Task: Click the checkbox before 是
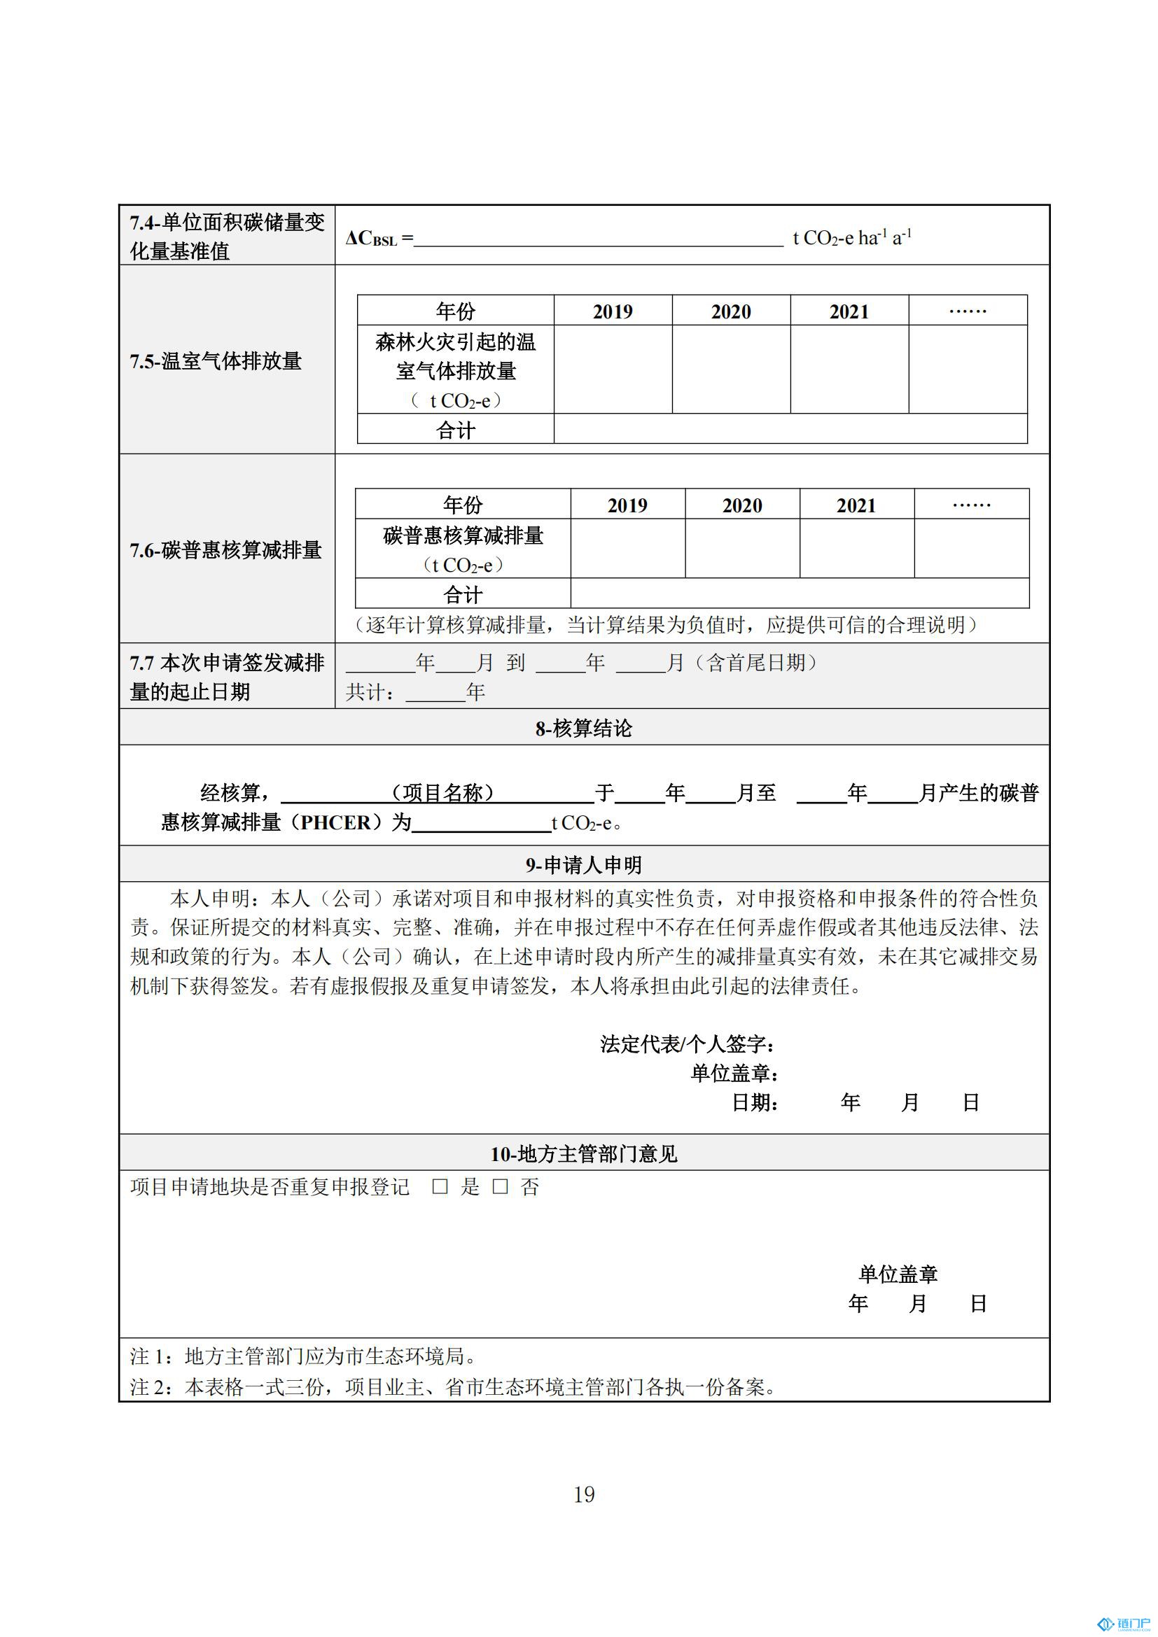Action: (440, 1186)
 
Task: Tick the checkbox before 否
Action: (500, 1186)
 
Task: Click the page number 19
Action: (584, 1494)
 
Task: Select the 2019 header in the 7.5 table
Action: (613, 311)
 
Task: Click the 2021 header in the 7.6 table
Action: (856, 505)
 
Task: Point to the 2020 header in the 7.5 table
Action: (731, 311)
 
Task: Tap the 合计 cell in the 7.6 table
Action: (463, 594)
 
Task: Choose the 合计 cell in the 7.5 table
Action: (455, 430)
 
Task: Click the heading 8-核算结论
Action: (583, 728)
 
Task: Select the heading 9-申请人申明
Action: (583, 865)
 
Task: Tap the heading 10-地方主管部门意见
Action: (583, 1153)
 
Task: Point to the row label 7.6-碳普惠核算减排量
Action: (225, 549)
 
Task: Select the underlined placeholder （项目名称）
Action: (442, 792)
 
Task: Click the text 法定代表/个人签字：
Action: (688, 1044)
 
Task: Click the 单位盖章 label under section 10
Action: (897, 1274)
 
